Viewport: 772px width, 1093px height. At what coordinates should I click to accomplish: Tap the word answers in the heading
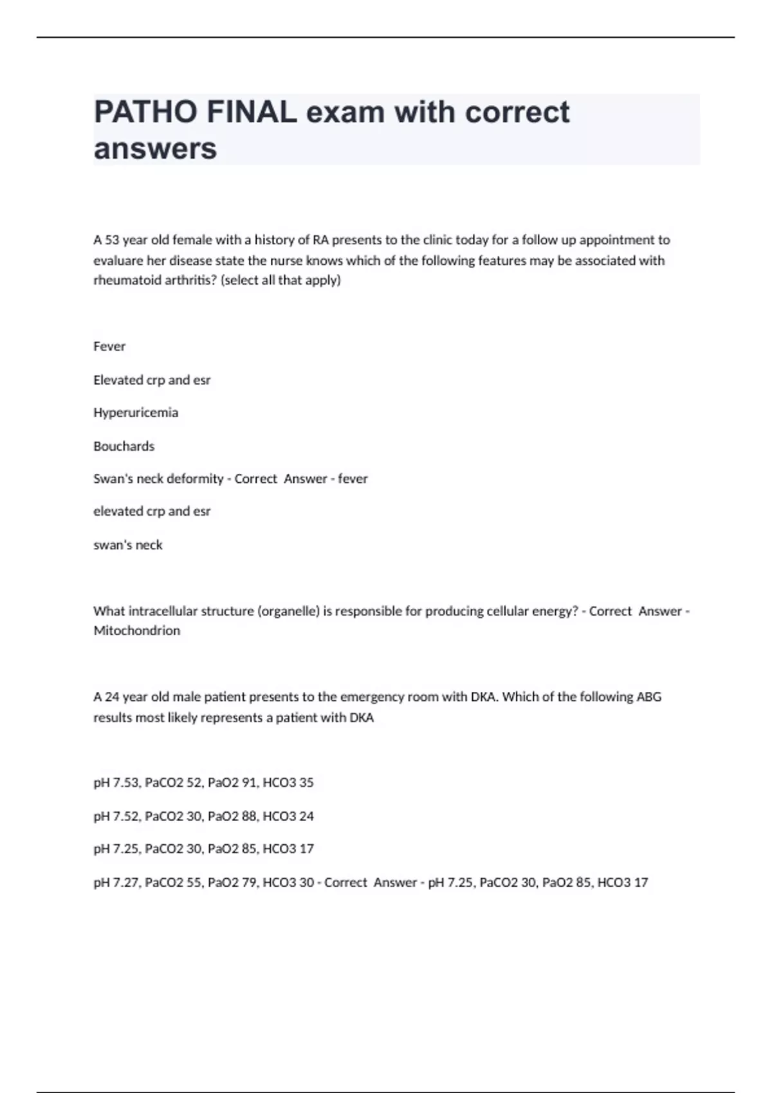[155, 149]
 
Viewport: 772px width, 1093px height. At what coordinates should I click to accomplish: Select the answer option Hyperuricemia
[136, 413]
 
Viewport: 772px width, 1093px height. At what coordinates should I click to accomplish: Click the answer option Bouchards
[124, 446]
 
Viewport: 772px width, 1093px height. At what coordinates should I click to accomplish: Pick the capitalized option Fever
[109, 347]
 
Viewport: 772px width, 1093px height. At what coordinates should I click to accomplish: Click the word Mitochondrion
[137, 631]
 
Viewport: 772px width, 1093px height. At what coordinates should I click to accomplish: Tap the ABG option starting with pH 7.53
[203, 782]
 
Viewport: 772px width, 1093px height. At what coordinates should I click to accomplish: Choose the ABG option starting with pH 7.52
[203, 816]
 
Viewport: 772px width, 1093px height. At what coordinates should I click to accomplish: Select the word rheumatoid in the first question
[123, 280]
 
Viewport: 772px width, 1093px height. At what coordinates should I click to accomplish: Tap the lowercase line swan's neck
[128, 545]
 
